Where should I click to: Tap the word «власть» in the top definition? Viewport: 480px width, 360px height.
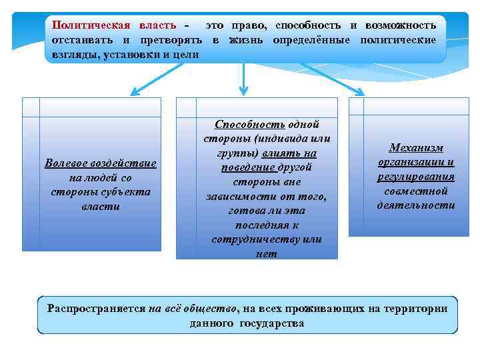point(158,25)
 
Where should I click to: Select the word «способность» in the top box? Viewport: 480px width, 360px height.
point(307,25)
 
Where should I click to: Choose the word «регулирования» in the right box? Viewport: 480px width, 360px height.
point(415,177)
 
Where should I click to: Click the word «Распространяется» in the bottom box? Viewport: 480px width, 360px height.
point(97,309)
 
